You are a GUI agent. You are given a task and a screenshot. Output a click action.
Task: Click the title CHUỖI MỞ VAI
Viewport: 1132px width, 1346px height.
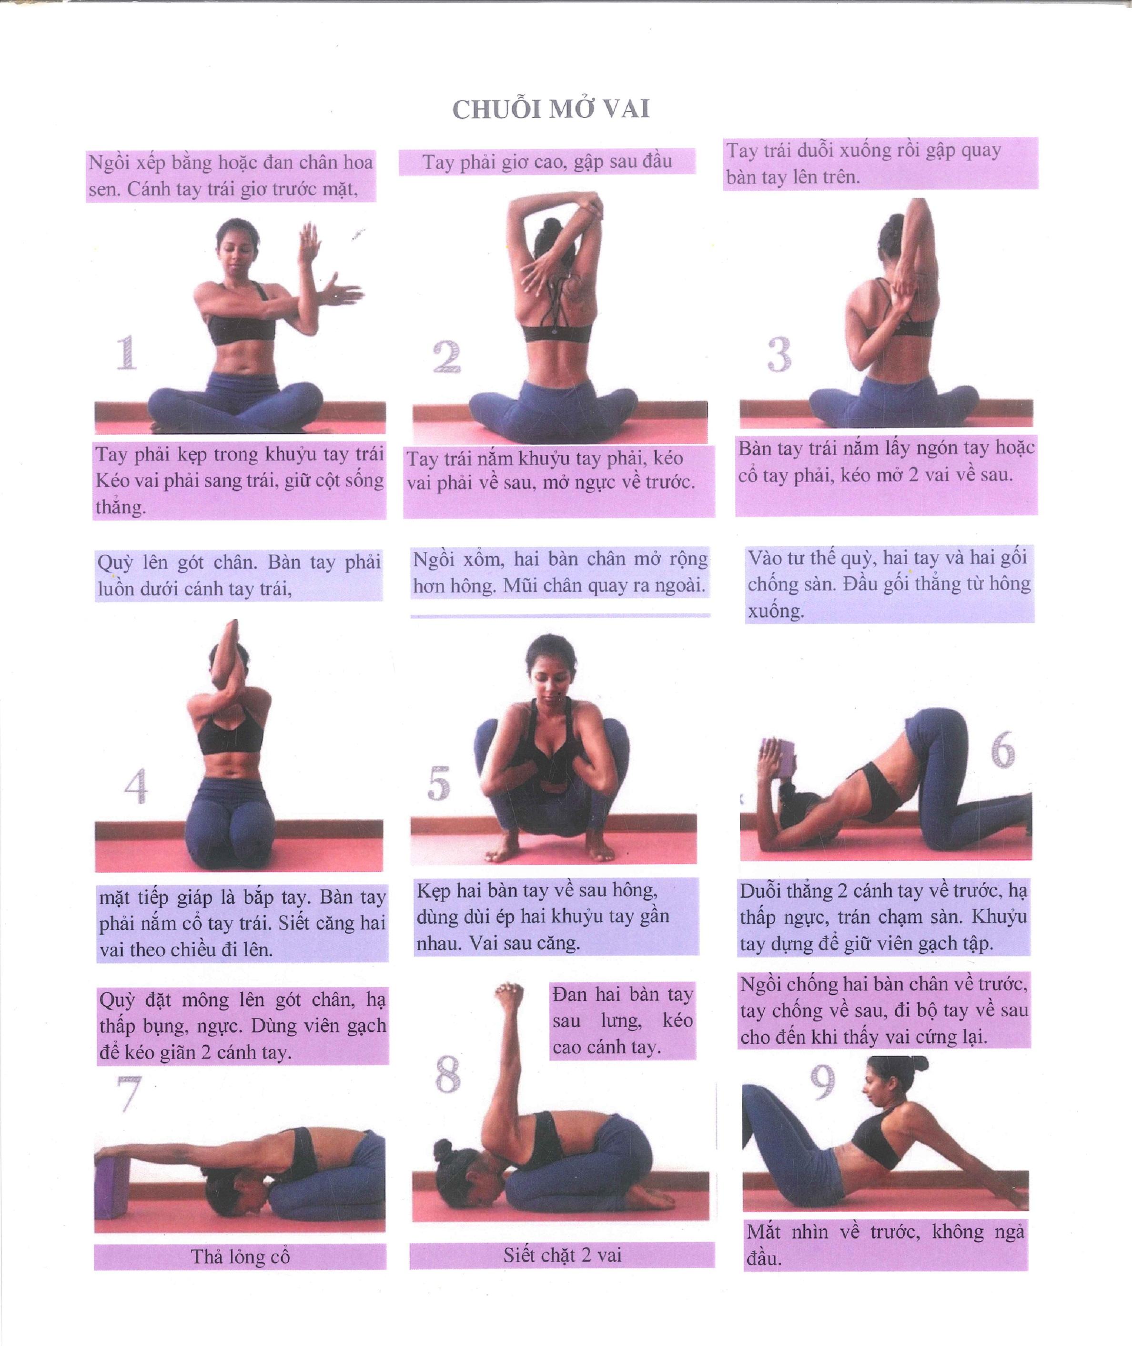click(x=551, y=109)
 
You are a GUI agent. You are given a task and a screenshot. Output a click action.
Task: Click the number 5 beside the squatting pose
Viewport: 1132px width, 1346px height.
click(x=438, y=783)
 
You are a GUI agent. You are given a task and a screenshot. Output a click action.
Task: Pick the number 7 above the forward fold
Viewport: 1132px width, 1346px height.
click(x=128, y=1094)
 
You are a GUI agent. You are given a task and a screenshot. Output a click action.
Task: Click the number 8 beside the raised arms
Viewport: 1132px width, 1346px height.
click(x=448, y=1074)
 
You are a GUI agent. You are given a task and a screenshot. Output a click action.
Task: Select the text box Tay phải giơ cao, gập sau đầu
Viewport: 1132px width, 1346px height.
click(x=547, y=162)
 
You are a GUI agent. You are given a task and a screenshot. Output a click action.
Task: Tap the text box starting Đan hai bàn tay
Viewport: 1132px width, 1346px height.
click(x=622, y=1020)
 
